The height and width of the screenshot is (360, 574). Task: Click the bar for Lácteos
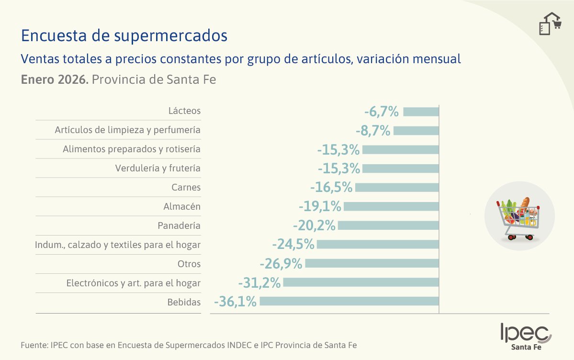coord(421,112)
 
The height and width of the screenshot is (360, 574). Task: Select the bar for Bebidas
coord(349,301)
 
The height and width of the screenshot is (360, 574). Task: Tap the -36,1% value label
coord(236,302)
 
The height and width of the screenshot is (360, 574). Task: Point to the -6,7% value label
coord(382,112)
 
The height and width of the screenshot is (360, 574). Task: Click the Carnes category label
coord(186,188)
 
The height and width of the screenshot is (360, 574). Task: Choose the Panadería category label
coord(179,225)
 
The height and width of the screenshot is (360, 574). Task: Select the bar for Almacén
coord(391,206)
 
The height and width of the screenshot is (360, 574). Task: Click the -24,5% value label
coord(293,245)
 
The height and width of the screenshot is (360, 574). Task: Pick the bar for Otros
coord(372,263)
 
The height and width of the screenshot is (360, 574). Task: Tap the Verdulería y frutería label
coord(158,169)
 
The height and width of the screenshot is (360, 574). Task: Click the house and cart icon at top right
coord(549,23)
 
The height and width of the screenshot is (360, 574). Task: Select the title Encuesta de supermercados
coord(124,35)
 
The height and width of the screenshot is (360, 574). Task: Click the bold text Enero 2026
coord(54,79)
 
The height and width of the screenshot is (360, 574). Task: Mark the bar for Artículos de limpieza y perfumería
coord(416,131)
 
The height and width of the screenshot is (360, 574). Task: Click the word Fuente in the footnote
coord(34,345)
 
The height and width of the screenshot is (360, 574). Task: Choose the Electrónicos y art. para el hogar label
coord(133,283)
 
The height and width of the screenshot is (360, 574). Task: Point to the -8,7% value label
coord(373,131)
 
